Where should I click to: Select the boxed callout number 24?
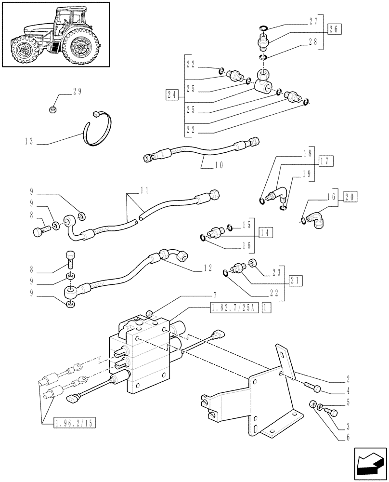point(171,94)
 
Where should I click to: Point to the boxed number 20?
point(350,196)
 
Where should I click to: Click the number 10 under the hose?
point(219,165)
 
